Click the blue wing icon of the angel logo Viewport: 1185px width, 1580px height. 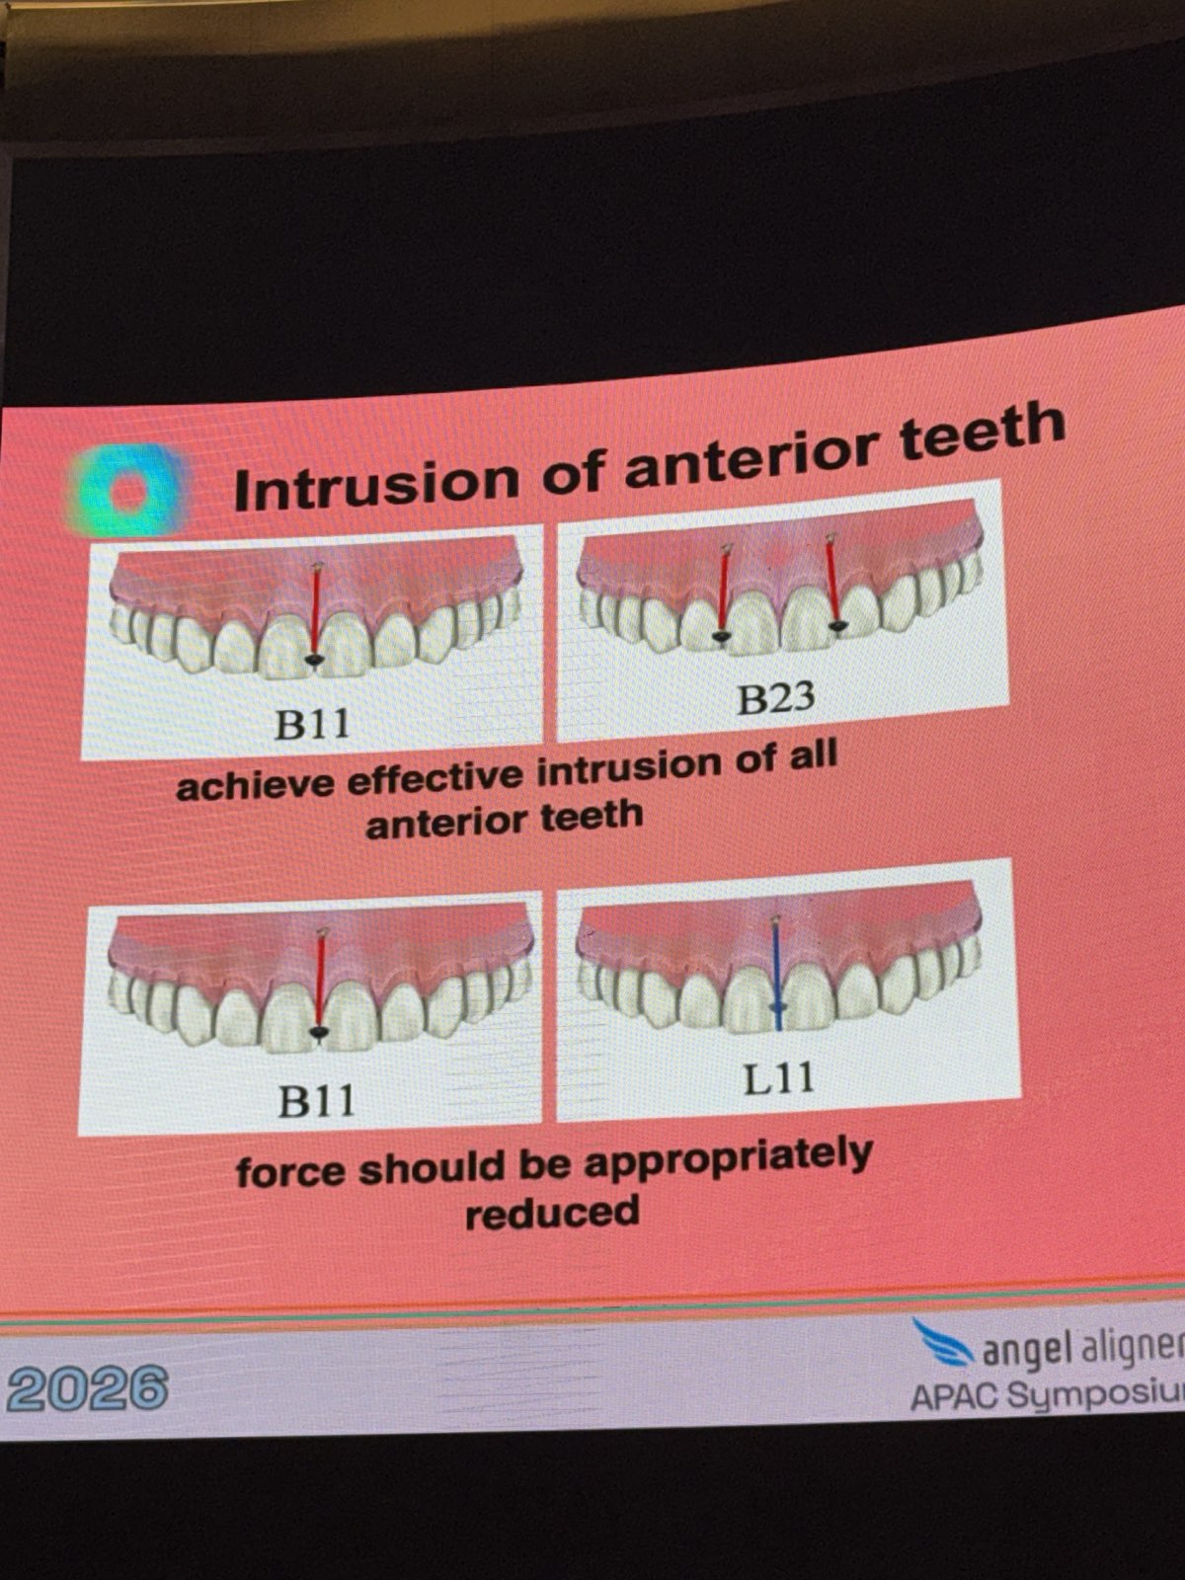(943, 1341)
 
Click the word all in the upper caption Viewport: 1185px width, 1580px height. (812, 757)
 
